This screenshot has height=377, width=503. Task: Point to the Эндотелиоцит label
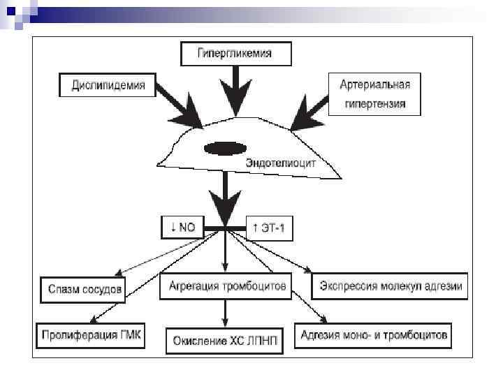281,162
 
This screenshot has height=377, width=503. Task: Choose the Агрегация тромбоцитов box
225,286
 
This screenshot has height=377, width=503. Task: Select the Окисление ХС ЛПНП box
226,340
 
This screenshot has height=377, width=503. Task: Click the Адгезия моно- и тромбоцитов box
373,335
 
